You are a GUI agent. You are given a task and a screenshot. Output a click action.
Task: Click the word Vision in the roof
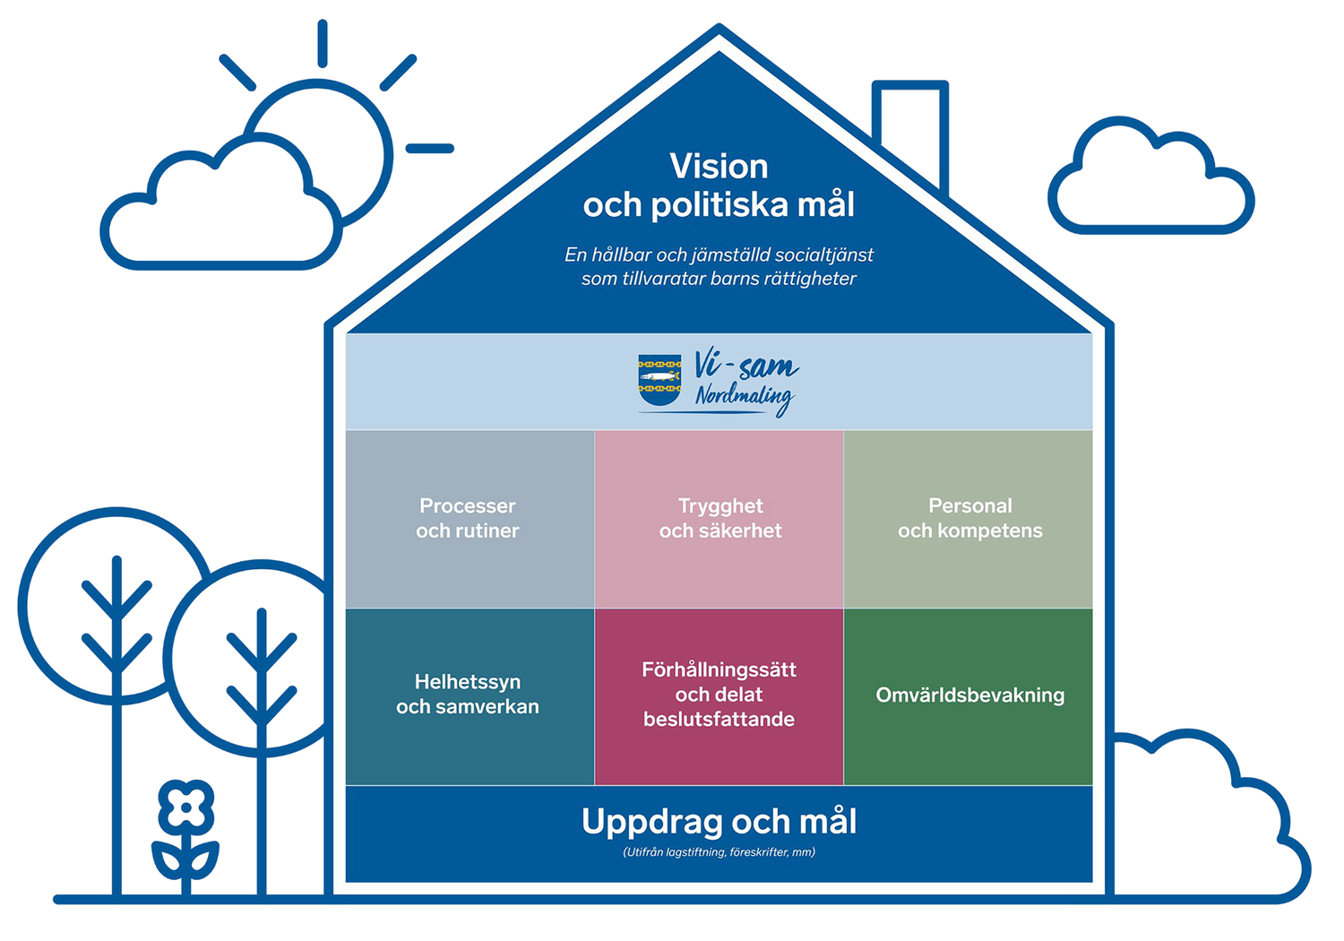[x=719, y=166]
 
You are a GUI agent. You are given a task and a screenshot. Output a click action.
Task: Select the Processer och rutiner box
[x=470, y=519]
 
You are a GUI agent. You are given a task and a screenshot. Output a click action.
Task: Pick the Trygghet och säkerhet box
[x=719, y=519]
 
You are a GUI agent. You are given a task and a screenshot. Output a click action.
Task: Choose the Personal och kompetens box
[x=969, y=519]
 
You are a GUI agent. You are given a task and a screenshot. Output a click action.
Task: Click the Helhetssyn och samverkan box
[x=470, y=696]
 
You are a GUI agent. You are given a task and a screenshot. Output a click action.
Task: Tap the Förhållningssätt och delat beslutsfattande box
[x=719, y=696]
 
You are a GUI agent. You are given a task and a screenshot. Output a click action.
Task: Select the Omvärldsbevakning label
[x=970, y=695]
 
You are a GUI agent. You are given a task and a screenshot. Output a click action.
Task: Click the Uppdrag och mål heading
[x=719, y=822]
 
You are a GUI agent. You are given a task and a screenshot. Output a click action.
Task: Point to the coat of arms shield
[x=659, y=380]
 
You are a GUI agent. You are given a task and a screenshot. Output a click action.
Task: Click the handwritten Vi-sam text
[x=745, y=364]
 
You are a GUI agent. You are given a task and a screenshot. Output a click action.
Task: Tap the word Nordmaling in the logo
[x=745, y=399]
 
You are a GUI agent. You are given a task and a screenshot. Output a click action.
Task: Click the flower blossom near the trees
[x=186, y=807]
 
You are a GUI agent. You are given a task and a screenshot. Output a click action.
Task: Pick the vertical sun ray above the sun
[x=323, y=43]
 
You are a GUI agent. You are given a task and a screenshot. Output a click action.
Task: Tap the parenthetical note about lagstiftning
[x=719, y=852]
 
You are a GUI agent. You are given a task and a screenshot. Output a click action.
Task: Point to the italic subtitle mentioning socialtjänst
[x=719, y=266]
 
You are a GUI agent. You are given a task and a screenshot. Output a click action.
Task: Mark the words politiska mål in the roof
[x=753, y=205]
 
